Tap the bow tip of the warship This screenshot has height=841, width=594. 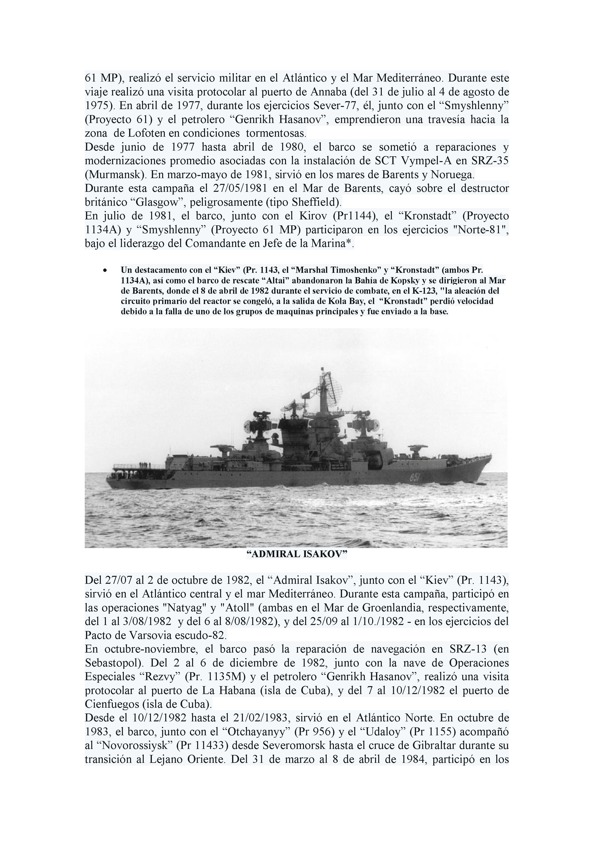tap(491, 455)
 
